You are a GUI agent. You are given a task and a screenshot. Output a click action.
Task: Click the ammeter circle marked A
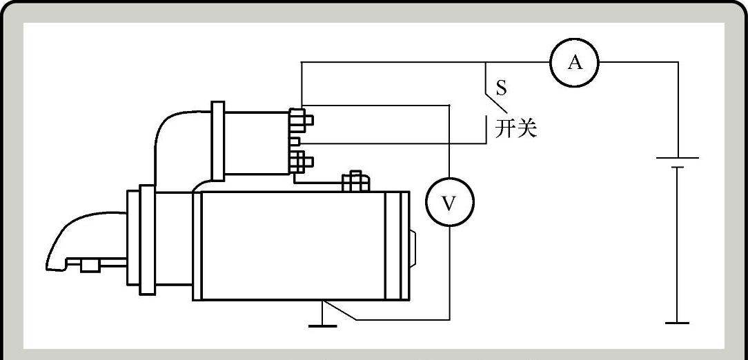574,63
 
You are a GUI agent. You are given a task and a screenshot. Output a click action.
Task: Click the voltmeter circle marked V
449,203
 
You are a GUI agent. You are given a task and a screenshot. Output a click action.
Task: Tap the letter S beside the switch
502,88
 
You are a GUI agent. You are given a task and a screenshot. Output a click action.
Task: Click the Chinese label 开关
515,128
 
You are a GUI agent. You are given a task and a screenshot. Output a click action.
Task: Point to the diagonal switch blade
496,97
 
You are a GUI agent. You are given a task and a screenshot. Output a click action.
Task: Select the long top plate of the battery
678,158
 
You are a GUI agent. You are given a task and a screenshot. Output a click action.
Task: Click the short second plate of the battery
678,167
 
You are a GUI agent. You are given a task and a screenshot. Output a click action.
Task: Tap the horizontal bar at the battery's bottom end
678,322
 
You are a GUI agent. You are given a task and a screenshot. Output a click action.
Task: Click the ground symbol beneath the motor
323,321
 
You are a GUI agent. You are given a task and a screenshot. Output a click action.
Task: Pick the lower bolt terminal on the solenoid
300,162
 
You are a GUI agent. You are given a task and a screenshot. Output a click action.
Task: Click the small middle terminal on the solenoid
295,141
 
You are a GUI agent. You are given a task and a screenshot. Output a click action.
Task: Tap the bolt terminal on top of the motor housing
356,181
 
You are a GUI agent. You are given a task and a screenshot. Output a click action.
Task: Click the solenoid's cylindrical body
255,141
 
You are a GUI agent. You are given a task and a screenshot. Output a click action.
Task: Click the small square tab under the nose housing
88,266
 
